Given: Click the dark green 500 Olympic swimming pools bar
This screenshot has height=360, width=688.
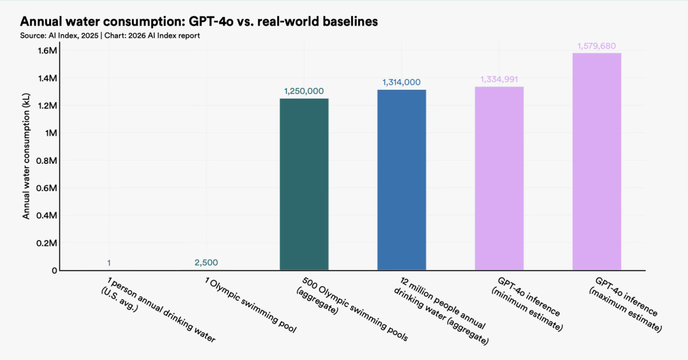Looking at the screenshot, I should (x=304, y=184).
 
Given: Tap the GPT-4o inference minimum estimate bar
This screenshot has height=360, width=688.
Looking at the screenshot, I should (x=499, y=178).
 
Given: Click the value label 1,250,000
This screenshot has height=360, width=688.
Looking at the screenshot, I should (x=304, y=91).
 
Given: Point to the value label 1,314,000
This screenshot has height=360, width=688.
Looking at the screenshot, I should (x=401, y=82).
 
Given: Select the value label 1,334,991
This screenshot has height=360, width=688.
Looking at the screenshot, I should (x=499, y=79).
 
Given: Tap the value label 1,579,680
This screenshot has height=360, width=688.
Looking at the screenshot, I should (x=597, y=46).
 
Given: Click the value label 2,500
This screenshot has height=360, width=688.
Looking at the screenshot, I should (x=206, y=263).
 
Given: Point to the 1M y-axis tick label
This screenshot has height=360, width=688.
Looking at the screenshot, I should (x=50, y=133).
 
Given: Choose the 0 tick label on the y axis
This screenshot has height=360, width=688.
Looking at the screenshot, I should (x=54, y=270).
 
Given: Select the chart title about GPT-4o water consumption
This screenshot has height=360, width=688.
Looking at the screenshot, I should (x=199, y=22).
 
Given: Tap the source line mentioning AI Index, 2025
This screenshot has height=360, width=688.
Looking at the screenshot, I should (x=110, y=36).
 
